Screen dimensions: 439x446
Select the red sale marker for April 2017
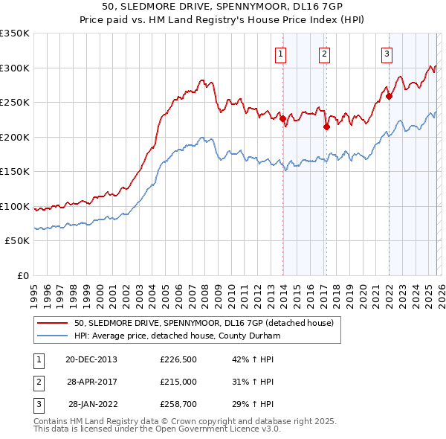[x=326, y=127]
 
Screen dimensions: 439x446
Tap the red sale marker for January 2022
[x=389, y=96]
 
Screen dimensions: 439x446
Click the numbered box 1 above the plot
[x=281, y=53]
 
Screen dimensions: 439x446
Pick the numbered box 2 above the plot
[x=325, y=53]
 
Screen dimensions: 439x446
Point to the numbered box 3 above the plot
[x=387, y=53]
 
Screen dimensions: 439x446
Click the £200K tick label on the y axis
[x=15, y=137]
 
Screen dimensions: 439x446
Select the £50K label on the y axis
[x=18, y=241]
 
